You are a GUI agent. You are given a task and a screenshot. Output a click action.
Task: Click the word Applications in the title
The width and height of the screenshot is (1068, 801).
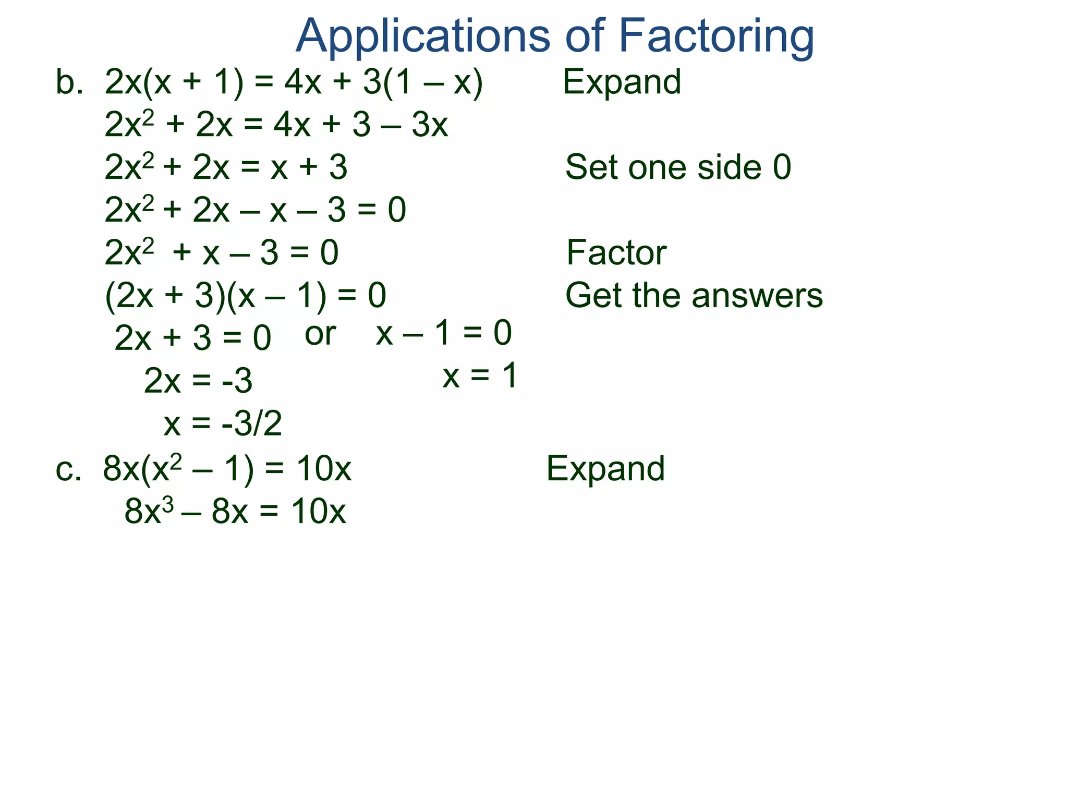[x=422, y=37]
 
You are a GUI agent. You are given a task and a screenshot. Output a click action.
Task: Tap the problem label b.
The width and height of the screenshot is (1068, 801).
[x=69, y=82]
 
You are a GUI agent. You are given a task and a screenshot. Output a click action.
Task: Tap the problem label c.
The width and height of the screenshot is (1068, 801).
[x=68, y=468]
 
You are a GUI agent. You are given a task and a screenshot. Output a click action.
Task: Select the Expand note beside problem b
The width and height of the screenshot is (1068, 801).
[x=622, y=82]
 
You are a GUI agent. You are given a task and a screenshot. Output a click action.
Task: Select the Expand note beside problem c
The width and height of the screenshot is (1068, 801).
[x=605, y=468]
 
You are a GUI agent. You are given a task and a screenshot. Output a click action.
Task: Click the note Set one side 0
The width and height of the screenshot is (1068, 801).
[x=678, y=167]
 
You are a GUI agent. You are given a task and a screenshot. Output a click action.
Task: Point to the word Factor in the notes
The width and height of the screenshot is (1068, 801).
[x=616, y=252]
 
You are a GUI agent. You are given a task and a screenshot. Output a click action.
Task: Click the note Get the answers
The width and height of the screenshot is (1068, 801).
[x=694, y=295]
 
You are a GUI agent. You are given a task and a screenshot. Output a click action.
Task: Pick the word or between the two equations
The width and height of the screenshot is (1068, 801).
[x=320, y=334]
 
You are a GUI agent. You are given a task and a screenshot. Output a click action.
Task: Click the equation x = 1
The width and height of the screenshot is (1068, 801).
[x=480, y=375]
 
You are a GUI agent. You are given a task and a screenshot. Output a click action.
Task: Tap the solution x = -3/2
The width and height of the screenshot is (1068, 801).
[x=223, y=423]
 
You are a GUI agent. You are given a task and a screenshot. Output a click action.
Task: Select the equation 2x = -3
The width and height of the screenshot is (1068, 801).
[x=198, y=381]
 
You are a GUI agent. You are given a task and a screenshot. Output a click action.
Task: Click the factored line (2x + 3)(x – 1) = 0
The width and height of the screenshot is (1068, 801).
[x=246, y=296]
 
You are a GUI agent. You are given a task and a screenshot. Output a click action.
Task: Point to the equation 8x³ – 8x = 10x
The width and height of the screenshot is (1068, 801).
[x=235, y=511]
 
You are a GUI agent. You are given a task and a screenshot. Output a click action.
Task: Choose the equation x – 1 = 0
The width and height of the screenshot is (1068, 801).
[x=444, y=333]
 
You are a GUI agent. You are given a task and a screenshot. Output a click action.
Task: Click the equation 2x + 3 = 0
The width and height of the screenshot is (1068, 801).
[x=192, y=338]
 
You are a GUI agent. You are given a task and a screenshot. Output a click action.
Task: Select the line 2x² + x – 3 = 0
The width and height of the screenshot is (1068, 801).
[x=222, y=253]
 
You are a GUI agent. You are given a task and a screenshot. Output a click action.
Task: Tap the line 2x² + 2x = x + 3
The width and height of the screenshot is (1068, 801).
[x=226, y=167]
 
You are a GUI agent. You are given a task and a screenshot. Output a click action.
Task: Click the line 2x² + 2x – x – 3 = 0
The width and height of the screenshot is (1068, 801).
[x=255, y=210]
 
